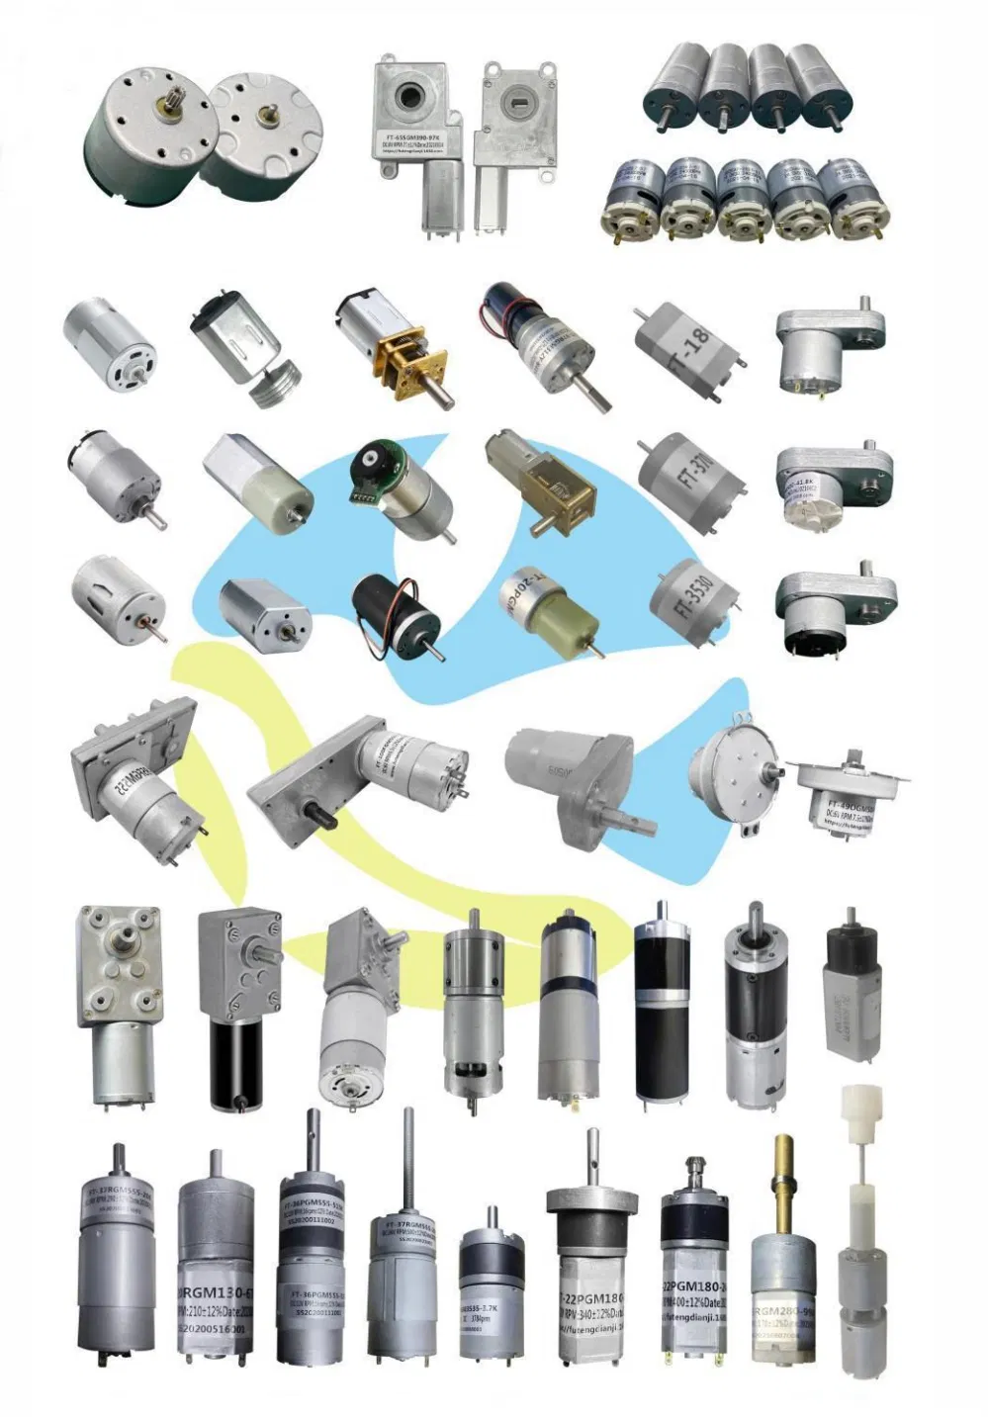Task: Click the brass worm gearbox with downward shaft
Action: click(x=540, y=481)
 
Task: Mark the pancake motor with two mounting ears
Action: click(x=733, y=770)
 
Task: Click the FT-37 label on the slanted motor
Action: click(x=691, y=475)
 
